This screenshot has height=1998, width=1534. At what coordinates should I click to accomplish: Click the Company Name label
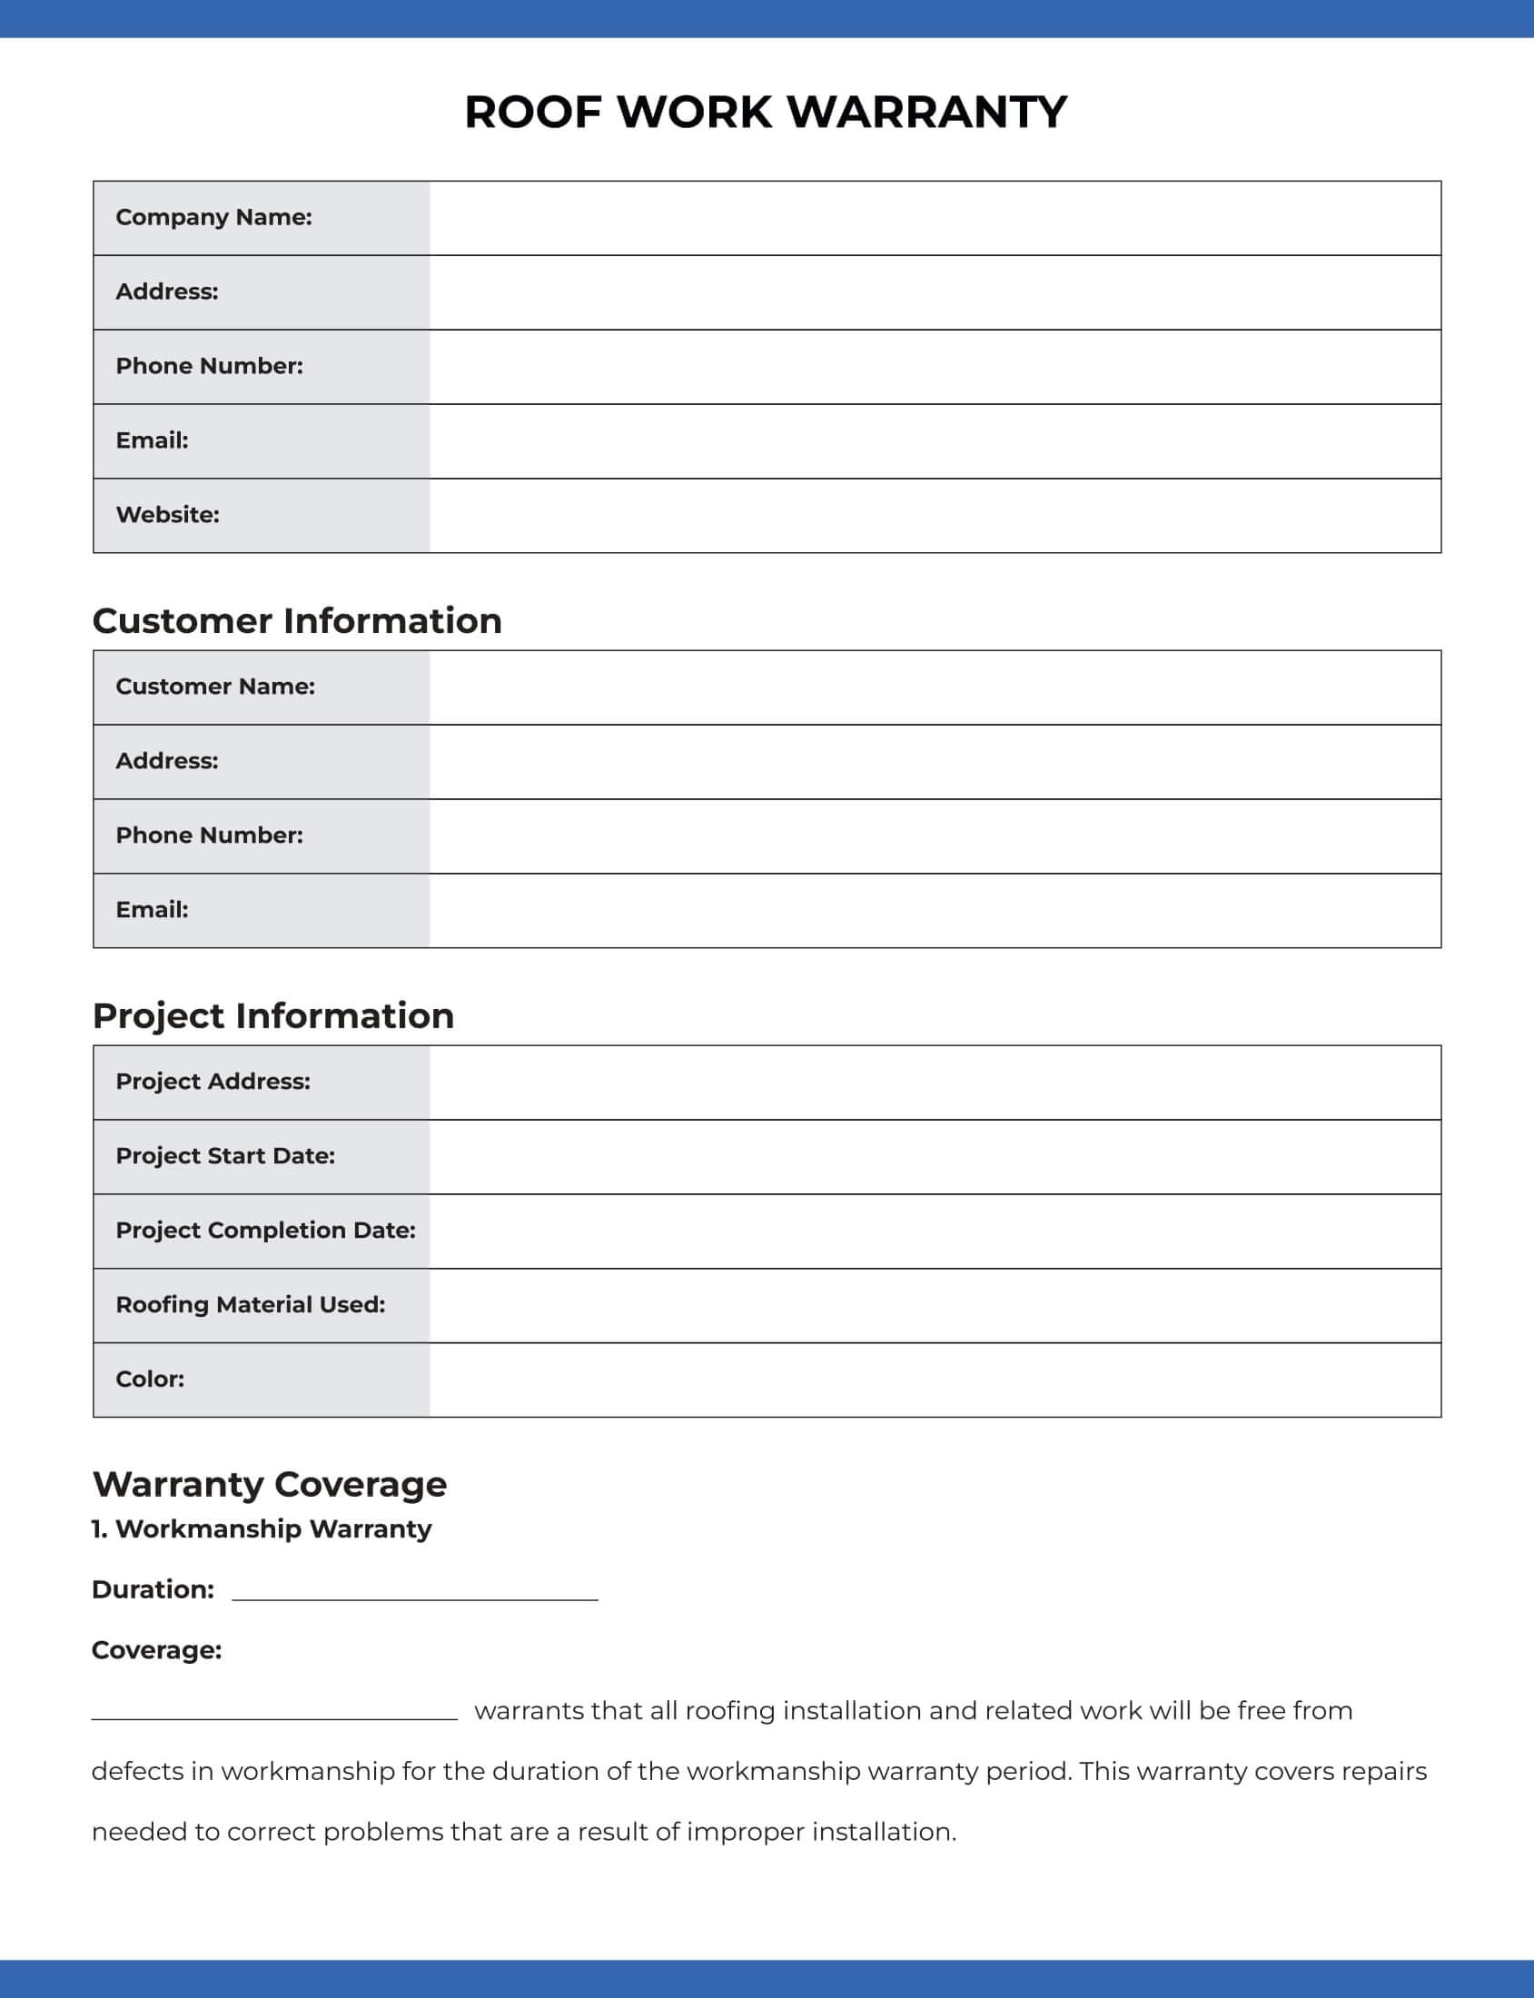[x=213, y=217]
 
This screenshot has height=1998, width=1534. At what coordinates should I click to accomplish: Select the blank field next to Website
[x=935, y=515]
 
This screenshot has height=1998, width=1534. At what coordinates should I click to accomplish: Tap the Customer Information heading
[x=297, y=621]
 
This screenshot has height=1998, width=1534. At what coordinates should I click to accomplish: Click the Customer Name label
[x=215, y=687]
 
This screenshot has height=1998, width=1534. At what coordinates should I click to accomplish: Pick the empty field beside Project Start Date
[x=935, y=1156]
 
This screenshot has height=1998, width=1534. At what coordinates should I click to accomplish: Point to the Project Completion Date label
[x=265, y=1230]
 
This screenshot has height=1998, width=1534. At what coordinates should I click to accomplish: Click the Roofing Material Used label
[x=250, y=1304]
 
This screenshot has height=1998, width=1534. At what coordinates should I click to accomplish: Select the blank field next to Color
[x=935, y=1379]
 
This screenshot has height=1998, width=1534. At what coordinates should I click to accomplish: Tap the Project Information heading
[x=273, y=1015]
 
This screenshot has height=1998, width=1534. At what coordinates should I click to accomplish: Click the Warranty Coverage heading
[x=270, y=1484]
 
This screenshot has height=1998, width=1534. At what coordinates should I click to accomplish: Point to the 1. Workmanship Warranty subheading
[x=262, y=1528]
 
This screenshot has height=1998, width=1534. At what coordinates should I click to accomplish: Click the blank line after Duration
[x=414, y=1593]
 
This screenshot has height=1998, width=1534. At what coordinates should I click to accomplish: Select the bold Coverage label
[x=156, y=1650]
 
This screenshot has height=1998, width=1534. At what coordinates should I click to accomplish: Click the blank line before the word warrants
[x=274, y=1712]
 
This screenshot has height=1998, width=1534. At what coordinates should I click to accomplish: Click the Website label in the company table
[x=167, y=515]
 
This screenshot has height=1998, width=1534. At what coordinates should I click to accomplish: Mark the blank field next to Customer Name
[x=935, y=687]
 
